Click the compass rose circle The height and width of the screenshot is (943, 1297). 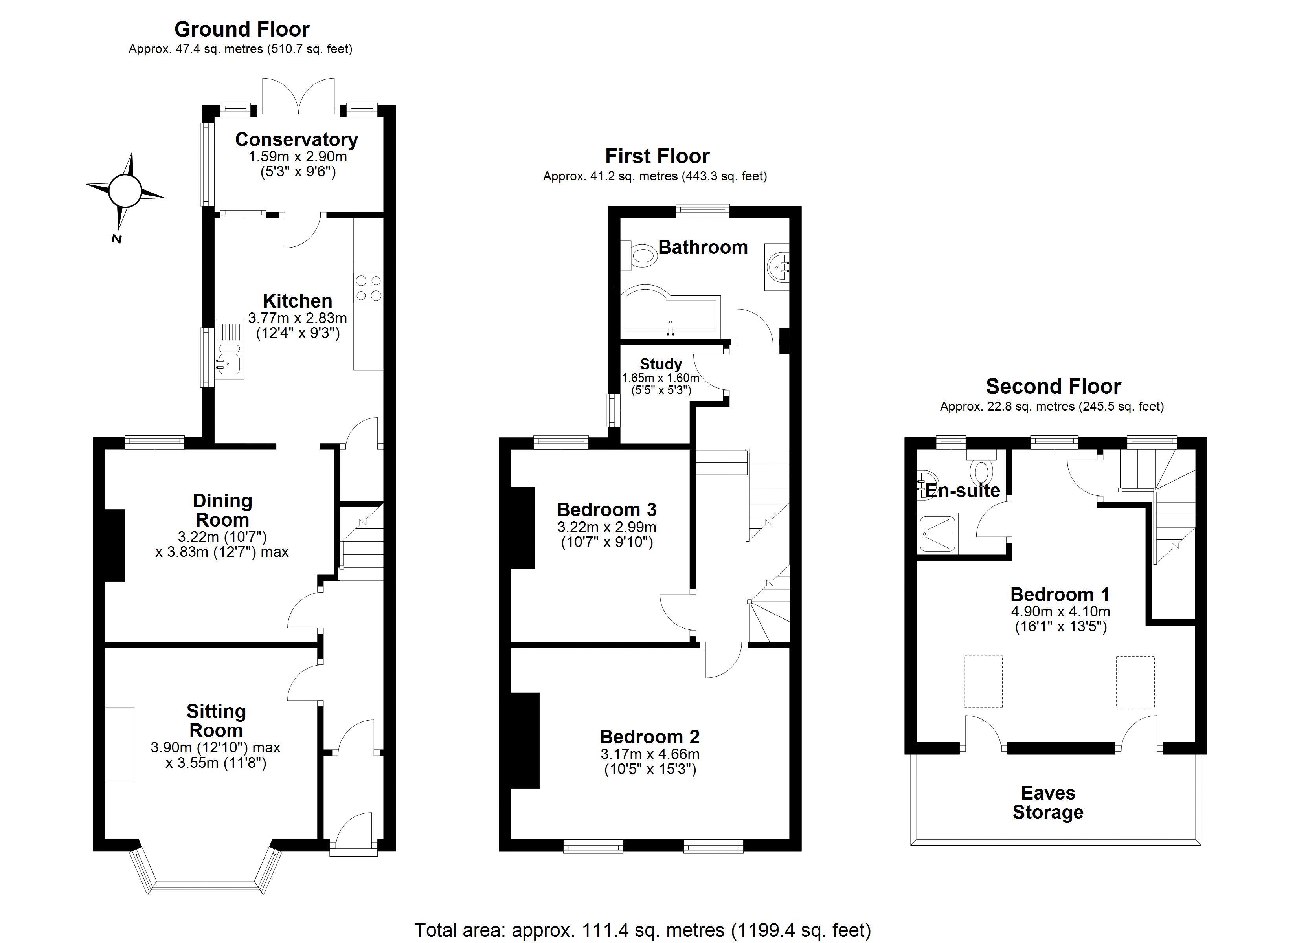point(125,191)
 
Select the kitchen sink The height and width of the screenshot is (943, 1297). point(228,363)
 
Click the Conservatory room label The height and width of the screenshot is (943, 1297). point(296,139)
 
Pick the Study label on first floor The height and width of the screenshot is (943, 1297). point(661,364)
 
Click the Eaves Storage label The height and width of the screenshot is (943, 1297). point(1048,802)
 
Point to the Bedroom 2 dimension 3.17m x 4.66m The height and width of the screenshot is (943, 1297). point(650,754)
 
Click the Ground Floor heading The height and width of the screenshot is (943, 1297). point(241,29)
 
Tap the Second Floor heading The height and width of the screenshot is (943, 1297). point(1053,387)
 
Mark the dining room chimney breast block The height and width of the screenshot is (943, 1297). point(114,545)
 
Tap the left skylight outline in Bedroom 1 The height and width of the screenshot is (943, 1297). point(983,682)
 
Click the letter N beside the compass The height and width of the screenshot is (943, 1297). point(117,239)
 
